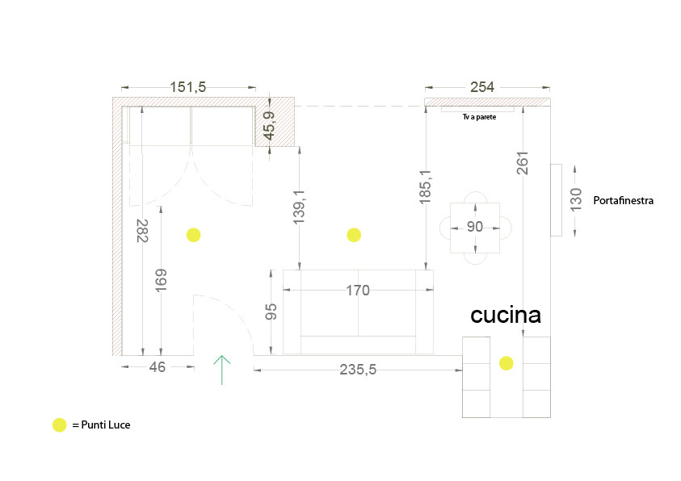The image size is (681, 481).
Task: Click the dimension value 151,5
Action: click(x=188, y=87)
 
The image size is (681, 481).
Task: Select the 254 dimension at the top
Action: click(x=482, y=87)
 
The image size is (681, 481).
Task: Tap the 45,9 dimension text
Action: click(x=269, y=126)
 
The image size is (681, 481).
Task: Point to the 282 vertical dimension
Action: click(x=142, y=230)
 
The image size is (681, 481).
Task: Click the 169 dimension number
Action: click(x=161, y=280)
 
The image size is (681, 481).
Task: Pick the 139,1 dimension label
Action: click(x=299, y=207)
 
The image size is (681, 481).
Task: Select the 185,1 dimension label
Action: click(x=426, y=186)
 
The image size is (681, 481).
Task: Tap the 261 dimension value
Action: click(x=523, y=163)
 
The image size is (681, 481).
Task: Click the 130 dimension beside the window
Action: click(x=575, y=199)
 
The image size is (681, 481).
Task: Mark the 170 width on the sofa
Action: click(x=358, y=291)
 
